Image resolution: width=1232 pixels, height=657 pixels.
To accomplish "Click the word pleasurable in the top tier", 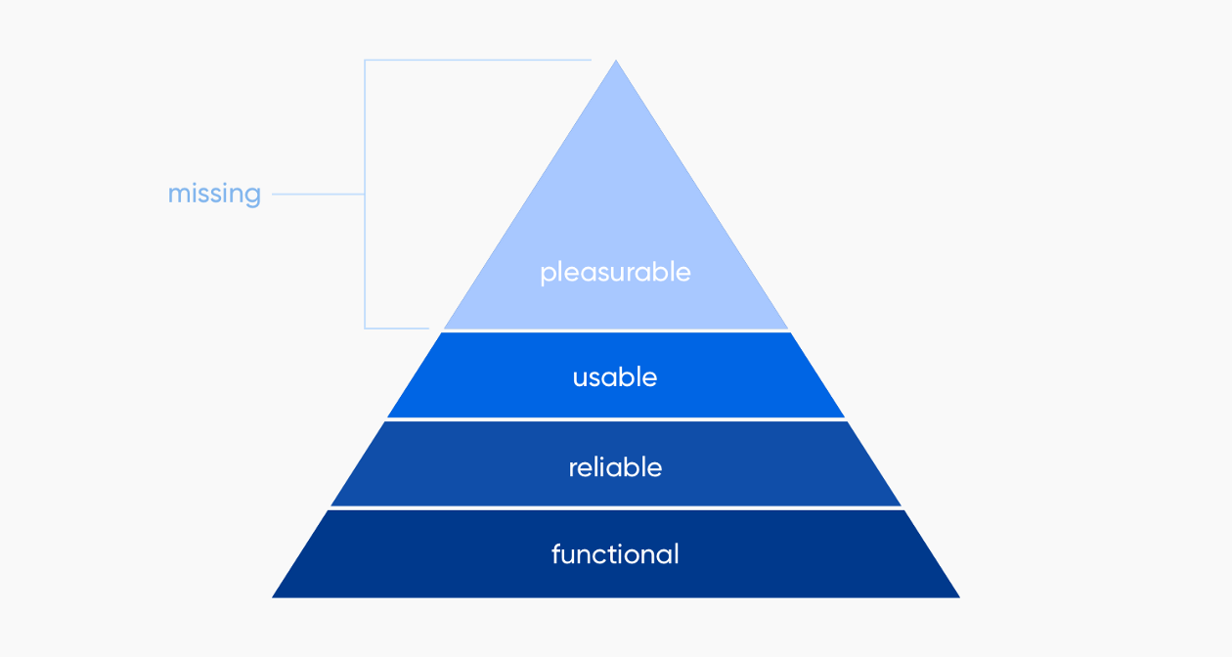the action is click(615, 273).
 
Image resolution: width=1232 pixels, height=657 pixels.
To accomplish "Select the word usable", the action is click(615, 377).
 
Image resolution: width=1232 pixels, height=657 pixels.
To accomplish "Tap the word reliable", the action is click(615, 467).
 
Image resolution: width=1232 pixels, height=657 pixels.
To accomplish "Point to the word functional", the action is click(615, 553).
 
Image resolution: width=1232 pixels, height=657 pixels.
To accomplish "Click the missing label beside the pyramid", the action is click(214, 195).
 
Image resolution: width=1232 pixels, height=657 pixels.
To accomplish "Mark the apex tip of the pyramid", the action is click(616, 60).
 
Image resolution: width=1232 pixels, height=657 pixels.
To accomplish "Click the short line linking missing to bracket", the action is click(319, 195).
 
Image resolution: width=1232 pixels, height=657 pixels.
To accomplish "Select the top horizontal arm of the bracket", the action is click(478, 60).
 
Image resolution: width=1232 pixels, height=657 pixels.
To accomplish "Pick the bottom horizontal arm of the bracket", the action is click(397, 328).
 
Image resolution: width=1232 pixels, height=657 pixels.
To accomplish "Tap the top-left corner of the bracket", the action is click(366, 60).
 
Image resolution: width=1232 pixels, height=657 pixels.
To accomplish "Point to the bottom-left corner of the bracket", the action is click(366, 328).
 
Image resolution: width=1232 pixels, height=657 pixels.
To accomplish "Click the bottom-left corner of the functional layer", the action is click(273, 597).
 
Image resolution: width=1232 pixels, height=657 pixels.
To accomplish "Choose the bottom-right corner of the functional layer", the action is click(959, 597).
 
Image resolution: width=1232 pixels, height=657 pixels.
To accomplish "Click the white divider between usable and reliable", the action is click(616, 419).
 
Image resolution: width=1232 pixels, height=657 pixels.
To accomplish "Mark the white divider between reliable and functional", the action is click(616, 508).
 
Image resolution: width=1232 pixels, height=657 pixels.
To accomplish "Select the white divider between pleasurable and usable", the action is click(616, 331).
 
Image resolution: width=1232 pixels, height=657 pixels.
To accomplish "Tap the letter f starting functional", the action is click(555, 553).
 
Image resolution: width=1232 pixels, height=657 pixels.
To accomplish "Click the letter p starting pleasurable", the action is click(548, 275).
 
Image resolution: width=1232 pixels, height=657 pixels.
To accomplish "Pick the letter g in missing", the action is click(253, 197).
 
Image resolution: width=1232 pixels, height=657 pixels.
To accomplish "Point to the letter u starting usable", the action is click(580, 379).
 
